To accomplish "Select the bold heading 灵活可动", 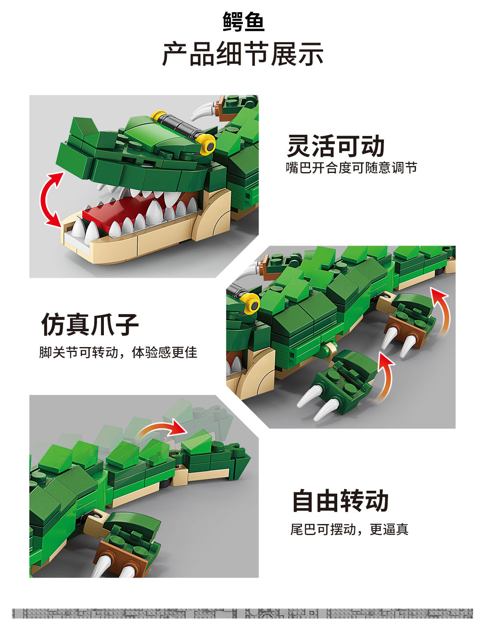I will click(x=336, y=146).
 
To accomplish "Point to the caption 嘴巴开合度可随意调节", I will click(x=351, y=168).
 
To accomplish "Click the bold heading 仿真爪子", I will click(x=90, y=324).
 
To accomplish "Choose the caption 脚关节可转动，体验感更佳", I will click(x=118, y=352).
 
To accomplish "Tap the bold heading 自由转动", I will click(x=340, y=501).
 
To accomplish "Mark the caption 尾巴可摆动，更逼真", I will click(x=349, y=529).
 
